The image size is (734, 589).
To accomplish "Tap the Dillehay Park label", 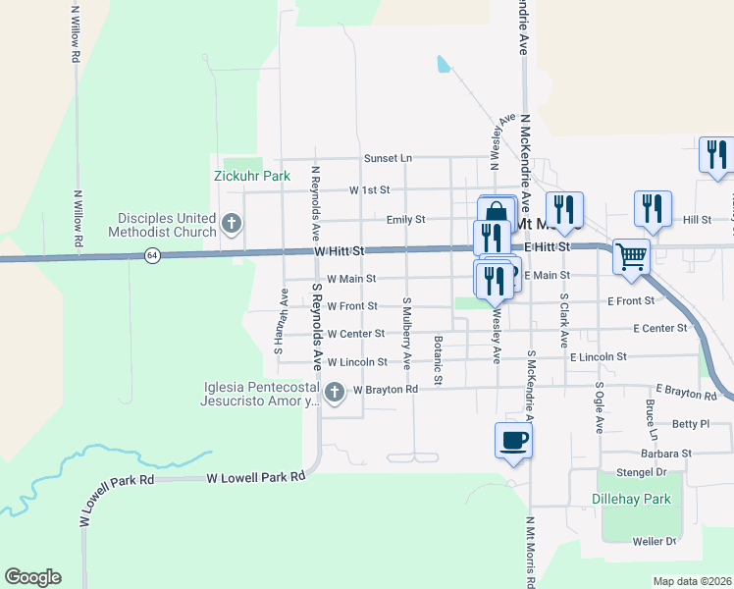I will click(x=632, y=500).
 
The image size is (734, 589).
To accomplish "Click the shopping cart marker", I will click(x=632, y=256).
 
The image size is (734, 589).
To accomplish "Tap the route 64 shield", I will click(x=151, y=255).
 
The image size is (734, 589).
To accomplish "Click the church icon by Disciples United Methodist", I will click(x=232, y=225).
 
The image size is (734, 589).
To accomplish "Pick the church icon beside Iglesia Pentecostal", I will click(x=335, y=394).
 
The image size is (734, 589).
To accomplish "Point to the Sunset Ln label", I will click(x=388, y=157).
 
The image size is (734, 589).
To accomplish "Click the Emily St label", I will click(x=405, y=220).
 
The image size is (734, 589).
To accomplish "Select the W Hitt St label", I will click(x=340, y=252).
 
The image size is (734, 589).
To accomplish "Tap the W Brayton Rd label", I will click(x=386, y=390).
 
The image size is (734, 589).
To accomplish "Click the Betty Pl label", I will click(x=691, y=424).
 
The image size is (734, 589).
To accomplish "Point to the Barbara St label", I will click(x=667, y=455).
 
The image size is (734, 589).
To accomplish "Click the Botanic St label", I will click(x=439, y=360).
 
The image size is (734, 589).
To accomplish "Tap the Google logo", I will click(x=32, y=577).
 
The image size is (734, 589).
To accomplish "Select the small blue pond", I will click(x=444, y=65).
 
